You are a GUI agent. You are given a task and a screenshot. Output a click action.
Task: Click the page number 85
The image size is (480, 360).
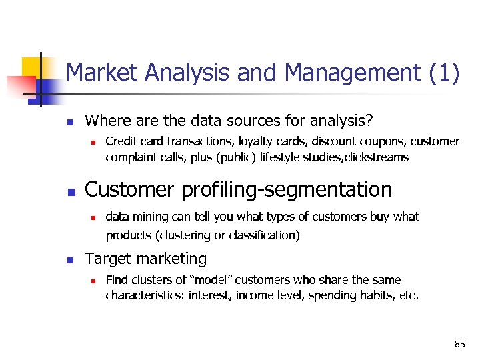click(459, 344)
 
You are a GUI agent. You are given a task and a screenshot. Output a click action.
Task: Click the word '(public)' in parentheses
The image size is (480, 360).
click(250, 157)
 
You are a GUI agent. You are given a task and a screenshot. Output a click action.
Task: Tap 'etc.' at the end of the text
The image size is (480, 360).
click(407, 295)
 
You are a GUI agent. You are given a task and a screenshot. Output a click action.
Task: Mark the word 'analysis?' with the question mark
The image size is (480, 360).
click(345, 121)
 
